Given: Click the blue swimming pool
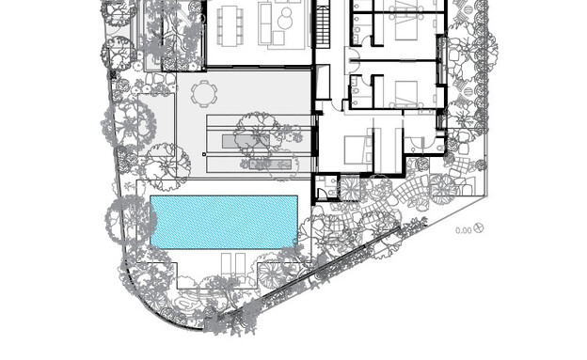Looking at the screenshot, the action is pos(224,222).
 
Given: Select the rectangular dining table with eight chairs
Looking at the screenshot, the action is pos(230,25).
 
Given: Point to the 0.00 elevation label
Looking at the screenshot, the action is pos(464,230).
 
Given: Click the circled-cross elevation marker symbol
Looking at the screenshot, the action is pos(479,227).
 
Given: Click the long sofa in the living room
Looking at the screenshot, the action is pos(265,23).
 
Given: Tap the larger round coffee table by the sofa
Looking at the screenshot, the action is pos(285,23).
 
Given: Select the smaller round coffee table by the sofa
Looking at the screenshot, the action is pos(287,12).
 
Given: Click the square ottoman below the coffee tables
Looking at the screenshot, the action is pos(278,38).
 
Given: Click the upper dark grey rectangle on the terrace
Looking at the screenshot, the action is pos(246,141).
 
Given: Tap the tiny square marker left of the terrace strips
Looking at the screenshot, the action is pos(204,154).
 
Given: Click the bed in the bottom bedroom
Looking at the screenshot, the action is pos(358,149).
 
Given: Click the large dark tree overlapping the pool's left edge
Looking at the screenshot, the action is pos(130,220).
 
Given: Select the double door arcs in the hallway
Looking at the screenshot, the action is pos(354,60).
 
